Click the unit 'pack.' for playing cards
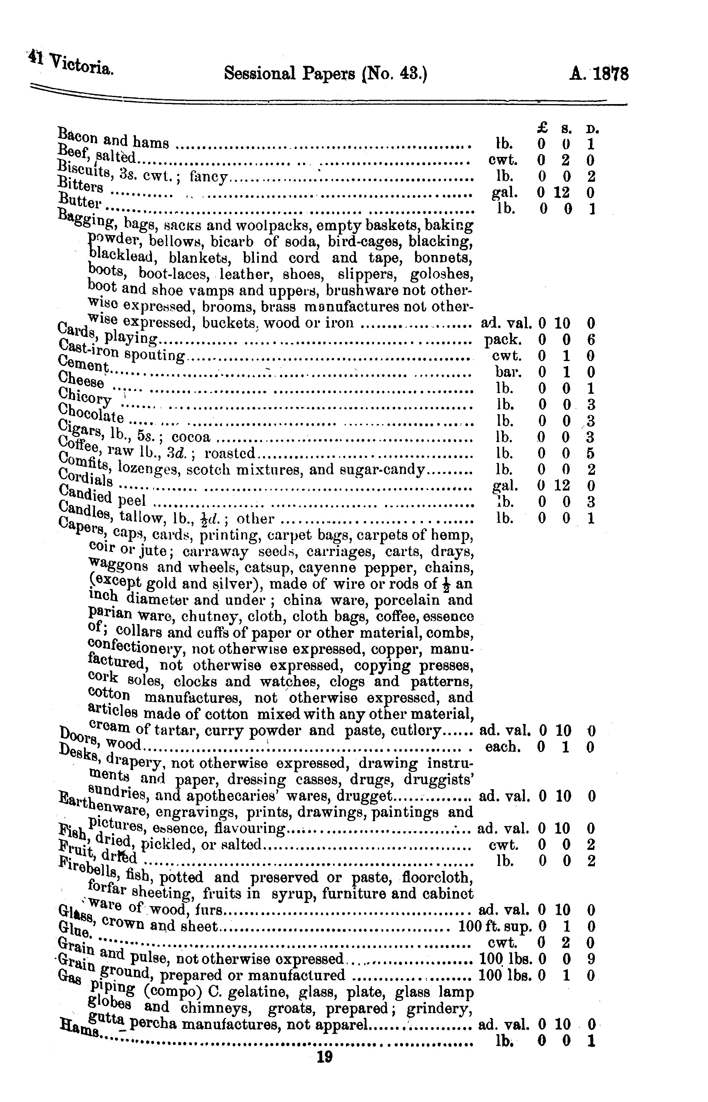click(x=504, y=340)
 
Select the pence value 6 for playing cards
click(x=591, y=340)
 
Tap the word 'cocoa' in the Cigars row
click(x=191, y=437)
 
